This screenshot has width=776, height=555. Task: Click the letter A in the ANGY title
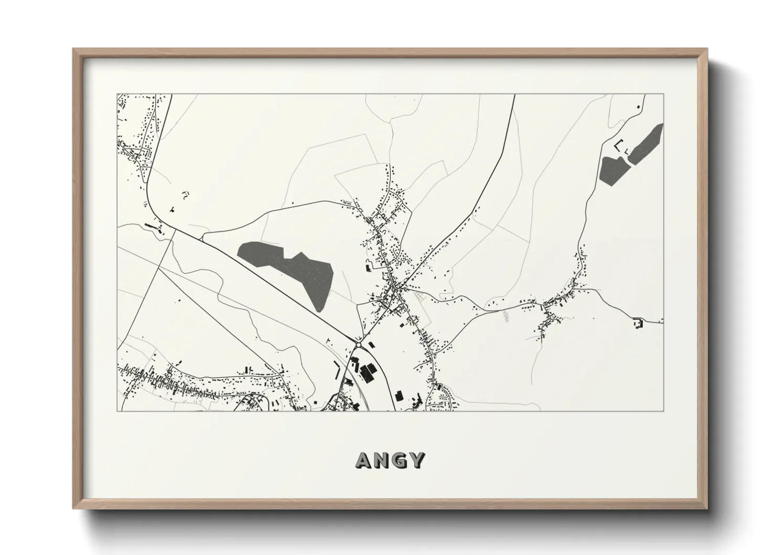[364, 460]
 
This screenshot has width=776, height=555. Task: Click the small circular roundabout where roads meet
[358, 344]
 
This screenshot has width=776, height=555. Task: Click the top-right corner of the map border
[663, 94]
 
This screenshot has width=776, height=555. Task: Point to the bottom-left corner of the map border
[117, 411]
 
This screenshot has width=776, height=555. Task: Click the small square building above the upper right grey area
[638, 107]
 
